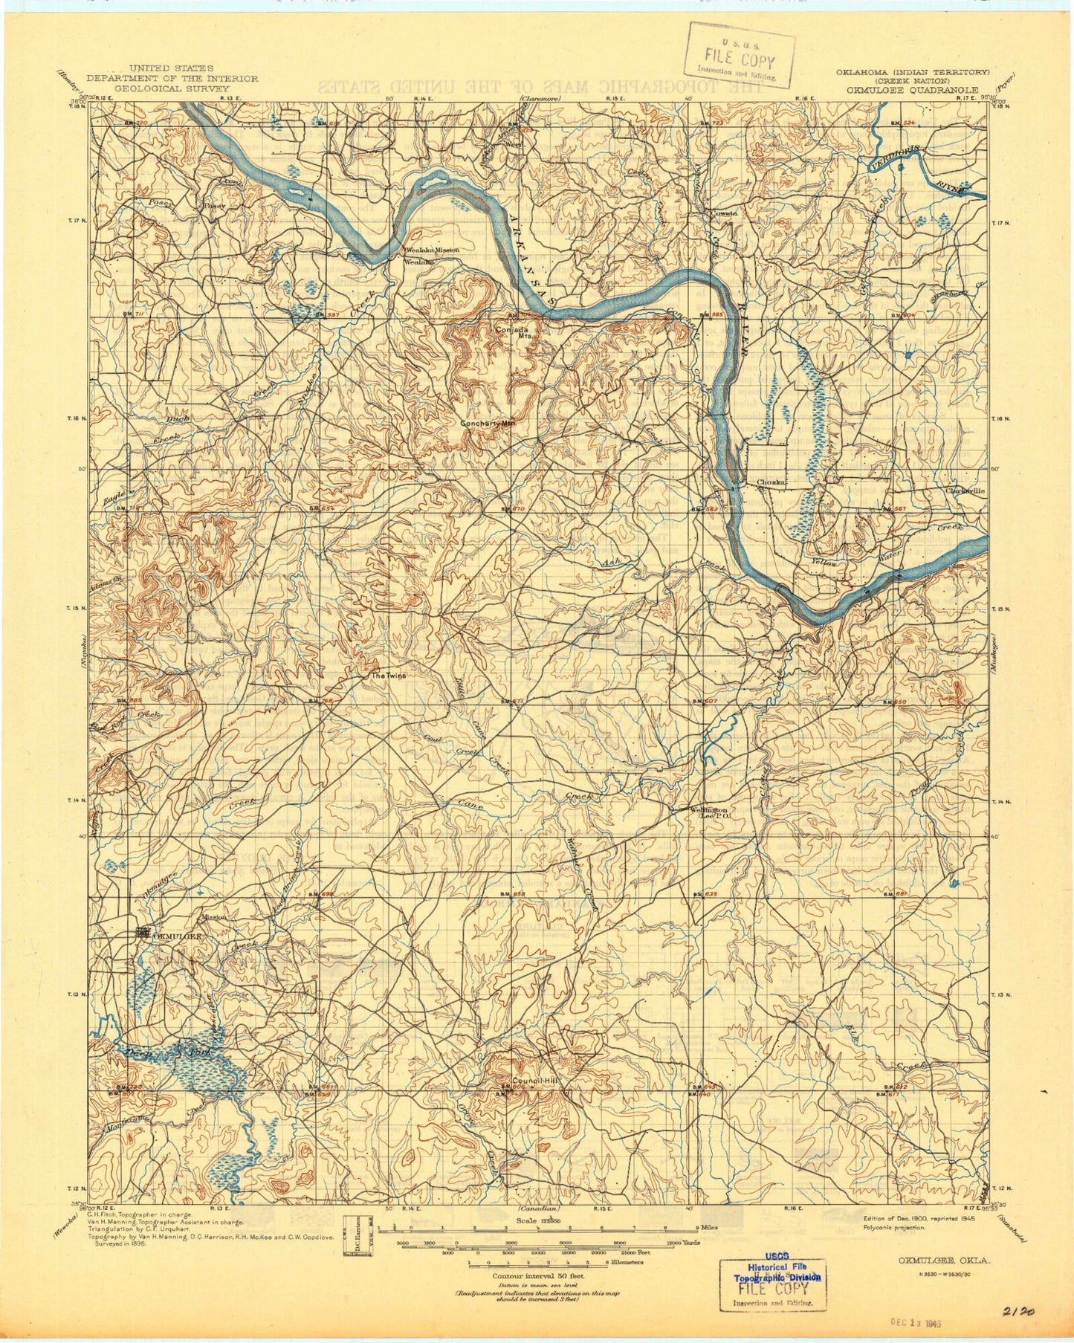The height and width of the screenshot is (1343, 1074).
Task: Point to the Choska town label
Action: (771, 482)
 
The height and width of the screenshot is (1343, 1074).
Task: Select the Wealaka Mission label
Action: (432, 250)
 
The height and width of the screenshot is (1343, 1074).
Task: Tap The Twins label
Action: (389, 676)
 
